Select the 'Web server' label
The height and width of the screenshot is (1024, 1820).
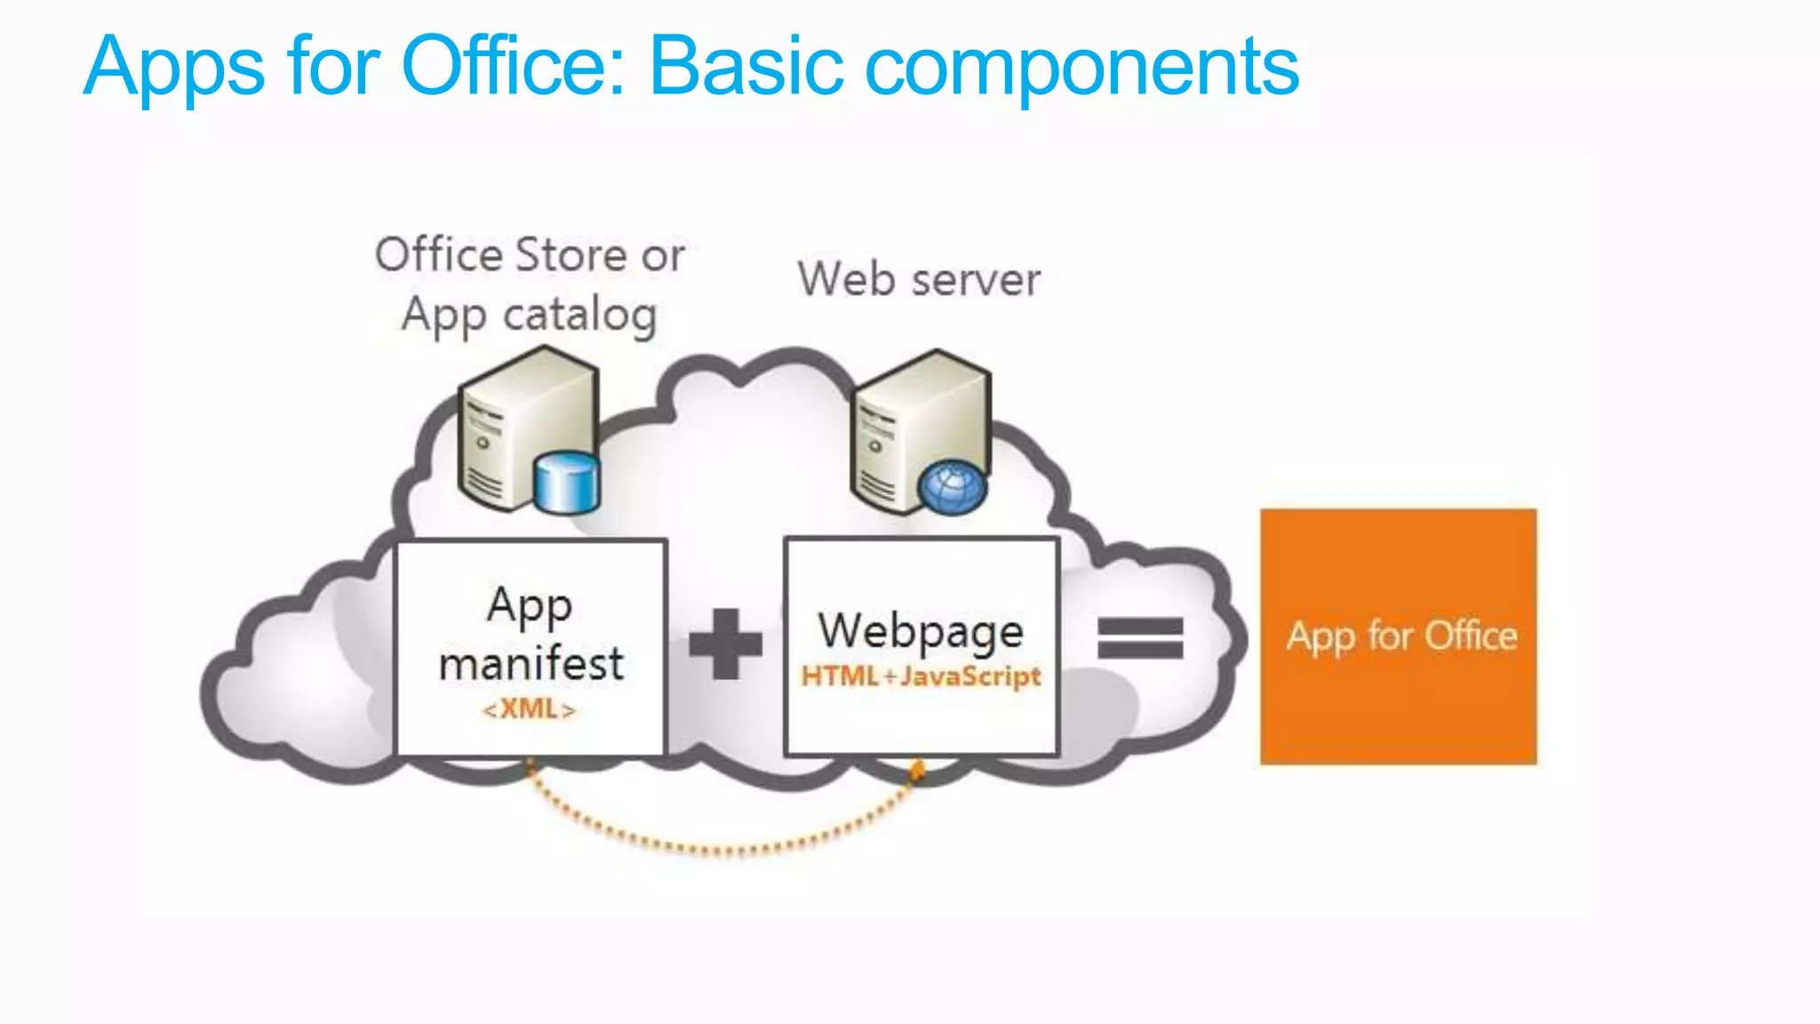click(x=919, y=279)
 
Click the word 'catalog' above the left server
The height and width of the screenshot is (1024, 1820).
click(x=579, y=316)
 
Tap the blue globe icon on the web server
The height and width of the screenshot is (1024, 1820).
click(x=952, y=487)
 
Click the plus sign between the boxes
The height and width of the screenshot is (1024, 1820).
click(x=726, y=644)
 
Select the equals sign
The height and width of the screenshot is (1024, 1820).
click(x=1140, y=638)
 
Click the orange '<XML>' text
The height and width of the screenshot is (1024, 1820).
click(x=530, y=709)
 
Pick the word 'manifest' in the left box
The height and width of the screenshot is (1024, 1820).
click(x=531, y=664)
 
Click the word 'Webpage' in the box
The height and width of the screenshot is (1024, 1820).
click(x=921, y=631)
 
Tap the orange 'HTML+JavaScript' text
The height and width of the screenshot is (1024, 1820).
click(x=921, y=676)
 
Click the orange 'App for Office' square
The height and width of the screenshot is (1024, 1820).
click(x=1398, y=636)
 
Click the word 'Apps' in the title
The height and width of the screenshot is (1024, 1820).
click(x=174, y=67)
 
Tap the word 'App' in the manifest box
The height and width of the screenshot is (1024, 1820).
click(x=530, y=608)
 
